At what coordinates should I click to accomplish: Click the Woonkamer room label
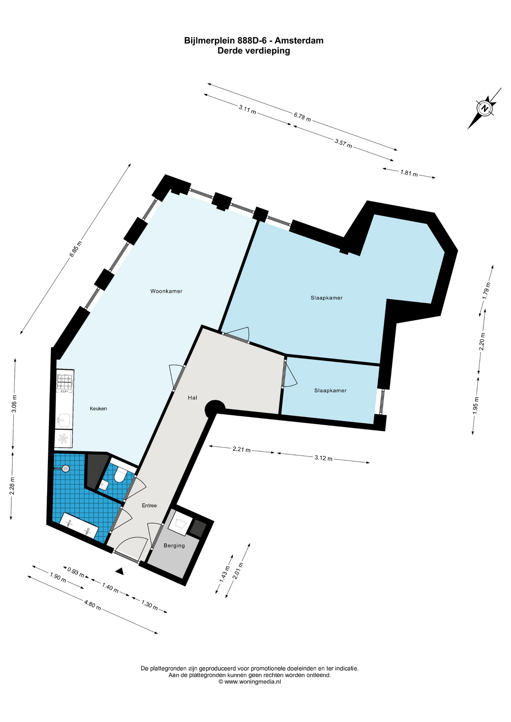[166, 291]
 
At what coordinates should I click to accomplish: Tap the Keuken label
[99, 409]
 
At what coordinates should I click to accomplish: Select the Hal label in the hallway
[192, 397]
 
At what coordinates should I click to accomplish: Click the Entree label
[149, 505]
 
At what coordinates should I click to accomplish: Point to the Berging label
[174, 546]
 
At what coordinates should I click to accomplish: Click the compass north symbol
[485, 108]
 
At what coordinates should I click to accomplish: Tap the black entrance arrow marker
[120, 571]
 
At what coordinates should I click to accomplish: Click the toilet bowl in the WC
[120, 475]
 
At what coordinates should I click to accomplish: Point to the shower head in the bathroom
[65, 469]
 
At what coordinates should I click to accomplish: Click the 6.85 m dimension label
[75, 249]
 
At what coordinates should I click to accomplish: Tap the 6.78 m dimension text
[302, 117]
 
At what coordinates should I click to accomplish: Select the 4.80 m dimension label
[92, 605]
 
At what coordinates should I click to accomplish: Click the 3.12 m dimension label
[324, 458]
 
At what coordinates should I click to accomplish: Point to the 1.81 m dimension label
[409, 173]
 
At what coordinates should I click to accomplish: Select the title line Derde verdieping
[254, 51]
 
